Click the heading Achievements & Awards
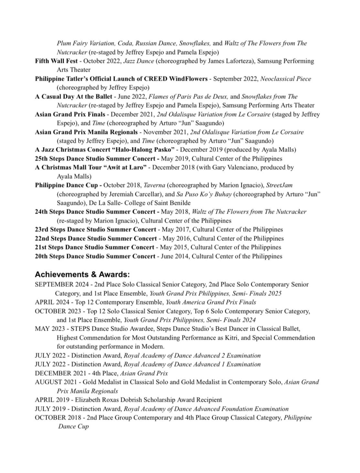tap(82, 274)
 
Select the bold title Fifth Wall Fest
tap(56, 61)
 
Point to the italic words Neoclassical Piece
tap(286, 79)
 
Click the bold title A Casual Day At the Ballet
tap(74, 97)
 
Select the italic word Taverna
tap(154, 185)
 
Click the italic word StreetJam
tap(279, 185)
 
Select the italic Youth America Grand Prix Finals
tap(211, 302)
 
